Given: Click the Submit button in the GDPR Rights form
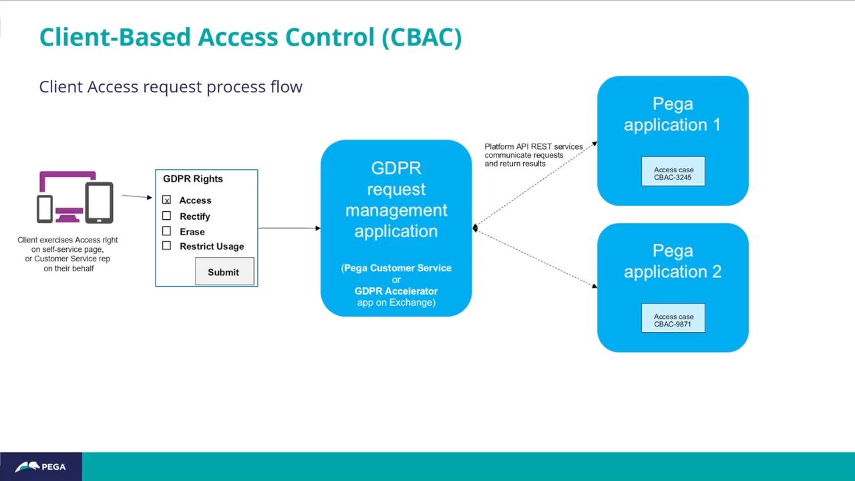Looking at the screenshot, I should point(224,272).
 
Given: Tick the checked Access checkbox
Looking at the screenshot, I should point(166,200).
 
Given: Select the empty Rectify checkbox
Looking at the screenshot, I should point(166,216).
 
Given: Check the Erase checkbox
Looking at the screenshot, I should point(166,231).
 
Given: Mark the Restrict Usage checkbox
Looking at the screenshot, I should point(166,246).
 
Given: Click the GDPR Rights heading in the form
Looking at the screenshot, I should point(193,178).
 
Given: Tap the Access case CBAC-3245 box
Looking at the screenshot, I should point(673,174).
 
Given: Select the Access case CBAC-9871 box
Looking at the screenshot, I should point(673,321).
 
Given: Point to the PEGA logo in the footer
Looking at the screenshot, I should point(41,466).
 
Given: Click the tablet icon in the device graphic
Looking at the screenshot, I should point(99,202).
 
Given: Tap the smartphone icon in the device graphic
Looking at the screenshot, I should point(45,208).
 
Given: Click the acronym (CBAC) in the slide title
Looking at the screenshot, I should point(421,37).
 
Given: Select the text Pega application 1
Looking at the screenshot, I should point(673,114).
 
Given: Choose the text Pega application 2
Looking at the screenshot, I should point(673,261).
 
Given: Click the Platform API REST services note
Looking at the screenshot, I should point(533,155).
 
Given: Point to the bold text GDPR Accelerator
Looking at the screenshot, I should point(396,291).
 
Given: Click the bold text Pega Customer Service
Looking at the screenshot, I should point(397,268).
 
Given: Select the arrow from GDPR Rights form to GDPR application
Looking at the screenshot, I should point(289,228).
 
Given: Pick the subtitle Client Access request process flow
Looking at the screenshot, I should point(170,87).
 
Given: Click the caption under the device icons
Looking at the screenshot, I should point(67,254).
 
